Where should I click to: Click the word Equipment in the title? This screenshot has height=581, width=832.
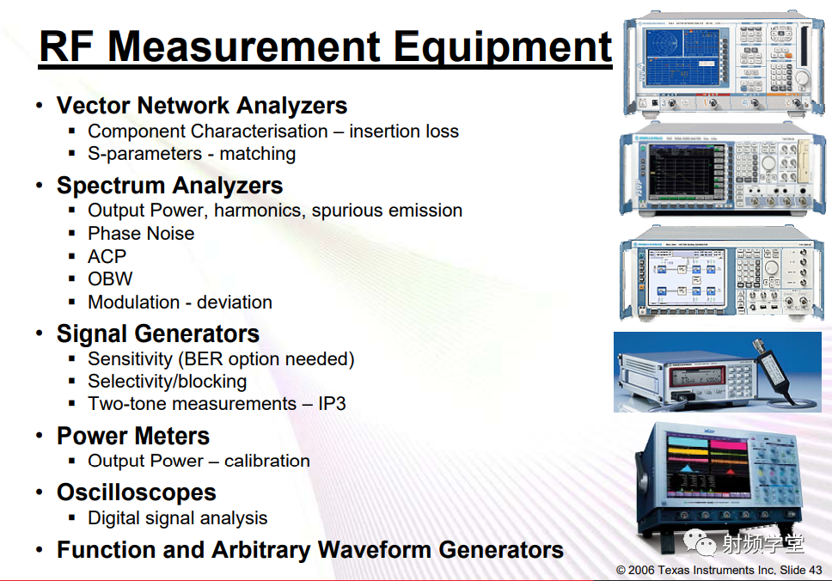[x=502, y=48]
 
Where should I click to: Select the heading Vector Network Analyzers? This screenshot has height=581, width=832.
[x=202, y=105]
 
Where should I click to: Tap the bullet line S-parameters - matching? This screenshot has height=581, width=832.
[x=192, y=154]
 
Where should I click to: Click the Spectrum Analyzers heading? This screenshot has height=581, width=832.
[x=170, y=186]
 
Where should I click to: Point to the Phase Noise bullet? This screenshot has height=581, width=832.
[x=141, y=234]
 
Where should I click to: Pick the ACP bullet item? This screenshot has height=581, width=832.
[x=107, y=256]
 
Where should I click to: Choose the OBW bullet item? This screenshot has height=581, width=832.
[x=110, y=279]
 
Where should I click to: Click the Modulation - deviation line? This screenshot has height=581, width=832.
[x=180, y=302]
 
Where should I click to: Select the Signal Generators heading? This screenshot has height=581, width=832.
[x=158, y=333]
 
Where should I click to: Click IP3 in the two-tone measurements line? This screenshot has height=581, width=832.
[x=332, y=404]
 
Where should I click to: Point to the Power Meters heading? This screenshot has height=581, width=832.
[x=133, y=436]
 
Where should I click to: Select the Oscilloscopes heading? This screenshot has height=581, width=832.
[x=137, y=492]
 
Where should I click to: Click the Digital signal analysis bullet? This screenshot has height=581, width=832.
[x=178, y=518]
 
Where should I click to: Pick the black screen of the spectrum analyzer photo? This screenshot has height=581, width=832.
[x=682, y=171]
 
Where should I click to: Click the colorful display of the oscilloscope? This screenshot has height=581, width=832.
[x=707, y=465]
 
